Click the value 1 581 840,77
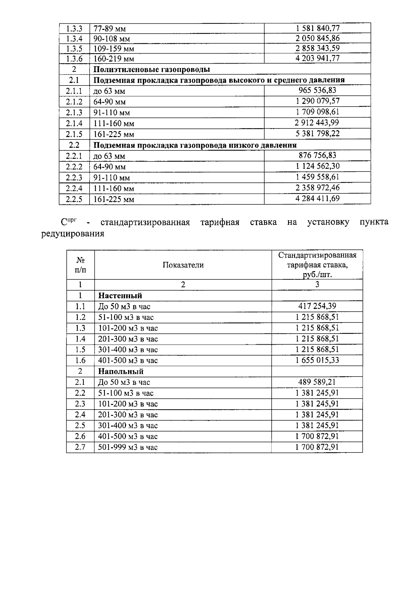pos(318,28)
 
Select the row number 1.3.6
pos(74,59)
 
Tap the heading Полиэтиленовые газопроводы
pos(152,69)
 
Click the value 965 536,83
pos(318,90)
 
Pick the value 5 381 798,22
pos(318,134)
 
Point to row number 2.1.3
pos(74,112)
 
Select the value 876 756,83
pos(318,155)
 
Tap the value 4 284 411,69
pos(318,198)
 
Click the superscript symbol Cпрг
pos(68,222)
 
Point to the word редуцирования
pos(72,234)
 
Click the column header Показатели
pos(183,265)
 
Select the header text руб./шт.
pos(317,275)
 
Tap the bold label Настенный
pos(120,296)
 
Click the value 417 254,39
pos(317,306)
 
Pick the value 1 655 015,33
pos(317,360)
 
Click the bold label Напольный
pos(121,371)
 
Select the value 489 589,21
pos(317,382)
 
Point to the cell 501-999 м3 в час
pos(128,447)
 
